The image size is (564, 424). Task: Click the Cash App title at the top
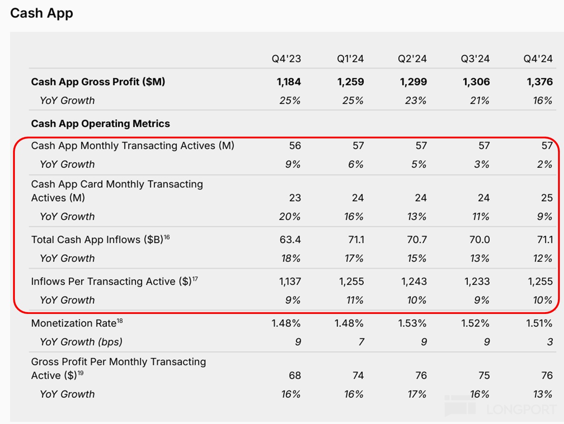tap(42, 13)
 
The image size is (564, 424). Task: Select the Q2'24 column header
tap(412, 59)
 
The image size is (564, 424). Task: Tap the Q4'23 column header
tap(286, 59)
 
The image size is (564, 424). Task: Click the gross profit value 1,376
tap(540, 82)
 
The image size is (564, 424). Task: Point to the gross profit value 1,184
tap(289, 82)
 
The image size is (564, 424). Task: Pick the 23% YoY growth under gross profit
tap(415, 100)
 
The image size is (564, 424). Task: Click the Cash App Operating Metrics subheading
tap(100, 124)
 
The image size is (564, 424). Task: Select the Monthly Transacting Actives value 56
tap(295, 146)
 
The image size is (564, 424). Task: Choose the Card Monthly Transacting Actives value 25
tap(547, 198)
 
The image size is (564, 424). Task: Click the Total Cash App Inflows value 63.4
tap(291, 240)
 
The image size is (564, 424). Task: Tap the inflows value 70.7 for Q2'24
tap(417, 240)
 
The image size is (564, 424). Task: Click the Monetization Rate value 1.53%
tap(413, 323)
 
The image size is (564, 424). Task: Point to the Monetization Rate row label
tap(73, 323)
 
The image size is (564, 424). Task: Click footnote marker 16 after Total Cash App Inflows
tap(167, 237)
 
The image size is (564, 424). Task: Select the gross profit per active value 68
tap(295, 375)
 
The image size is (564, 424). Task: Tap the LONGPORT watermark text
tap(521, 409)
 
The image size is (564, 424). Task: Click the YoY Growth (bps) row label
tap(81, 342)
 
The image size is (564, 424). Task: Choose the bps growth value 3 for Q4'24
tap(550, 342)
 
